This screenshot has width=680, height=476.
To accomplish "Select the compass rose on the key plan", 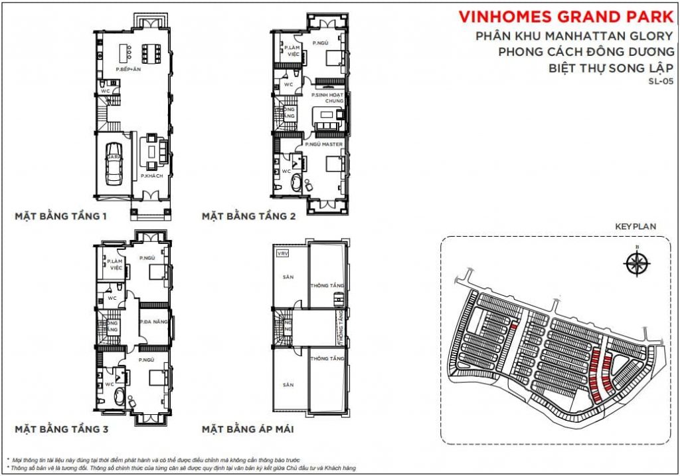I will (x=637, y=263).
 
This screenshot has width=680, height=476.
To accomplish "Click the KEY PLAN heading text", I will (x=636, y=227).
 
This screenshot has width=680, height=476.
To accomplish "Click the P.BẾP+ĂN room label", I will (x=128, y=69).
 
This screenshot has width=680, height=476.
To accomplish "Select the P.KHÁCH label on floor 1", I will (x=151, y=176).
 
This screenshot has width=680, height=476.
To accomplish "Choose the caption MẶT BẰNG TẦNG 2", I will (x=249, y=216).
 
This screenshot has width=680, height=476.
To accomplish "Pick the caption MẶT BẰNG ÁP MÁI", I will (x=248, y=429).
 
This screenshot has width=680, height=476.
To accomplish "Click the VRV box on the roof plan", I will (x=282, y=253).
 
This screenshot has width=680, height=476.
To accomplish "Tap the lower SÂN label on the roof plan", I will (x=288, y=384).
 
